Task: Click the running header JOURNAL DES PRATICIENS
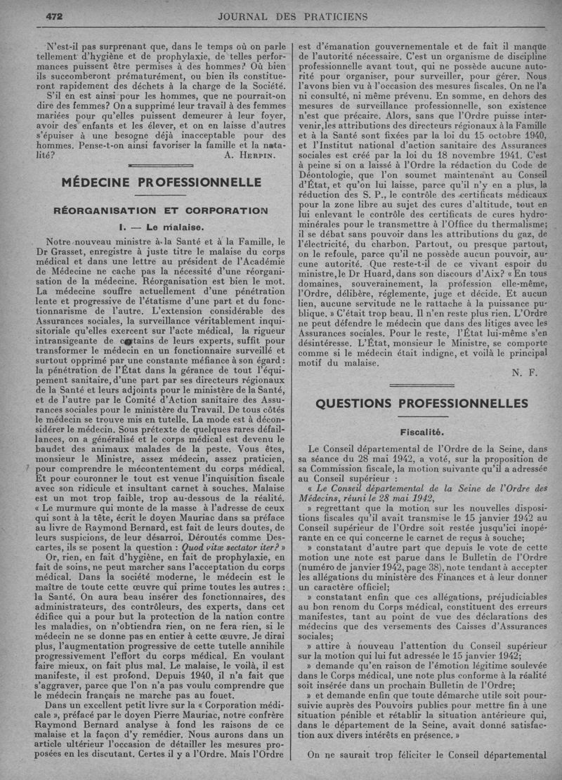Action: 294,15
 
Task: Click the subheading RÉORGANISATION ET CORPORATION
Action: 161,210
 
